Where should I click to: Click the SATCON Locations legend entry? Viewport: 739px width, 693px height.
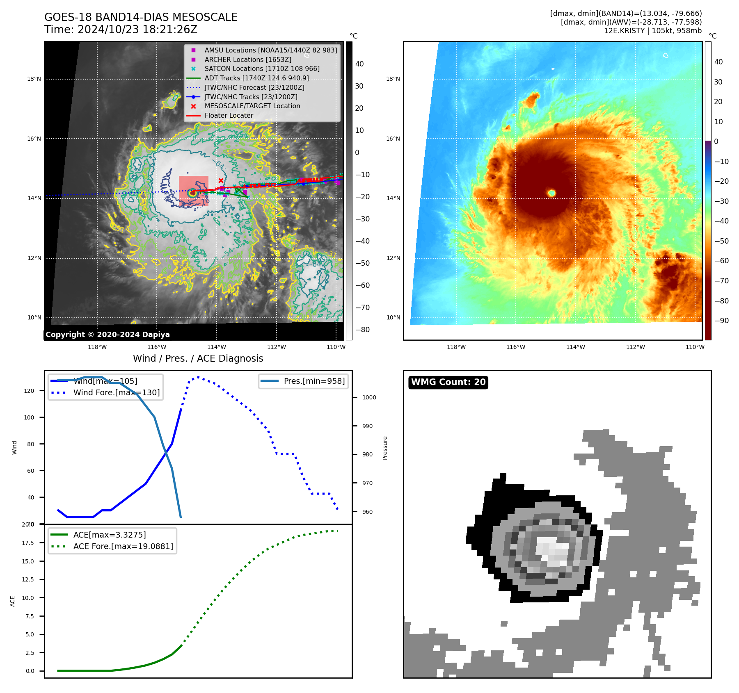[x=262, y=69]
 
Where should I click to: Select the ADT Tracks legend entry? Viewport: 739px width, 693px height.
[x=256, y=78]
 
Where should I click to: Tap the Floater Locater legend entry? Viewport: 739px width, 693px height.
[x=229, y=116]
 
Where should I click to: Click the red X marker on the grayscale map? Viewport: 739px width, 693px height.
[x=221, y=180]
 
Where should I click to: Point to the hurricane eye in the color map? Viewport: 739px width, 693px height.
[x=552, y=193]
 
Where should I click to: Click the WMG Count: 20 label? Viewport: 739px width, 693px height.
[x=448, y=382]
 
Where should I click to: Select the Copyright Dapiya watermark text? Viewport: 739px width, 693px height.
[x=108, y=335]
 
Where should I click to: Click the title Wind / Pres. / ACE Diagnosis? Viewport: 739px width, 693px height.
[x=198, y=358]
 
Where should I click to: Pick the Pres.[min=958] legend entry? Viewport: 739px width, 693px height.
[x=314, y=381]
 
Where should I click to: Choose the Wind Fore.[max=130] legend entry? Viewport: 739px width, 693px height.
[x=116, y=392]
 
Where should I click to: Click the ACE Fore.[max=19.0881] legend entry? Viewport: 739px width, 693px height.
[x=123, y=546]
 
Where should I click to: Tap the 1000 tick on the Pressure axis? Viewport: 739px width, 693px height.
[x=369, y=397]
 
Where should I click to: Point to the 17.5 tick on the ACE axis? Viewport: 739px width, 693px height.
[x=28, y=543]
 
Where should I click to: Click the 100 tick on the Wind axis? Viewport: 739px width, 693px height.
[x=29, y=417]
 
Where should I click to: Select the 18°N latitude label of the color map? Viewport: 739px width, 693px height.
[x=393, y=79]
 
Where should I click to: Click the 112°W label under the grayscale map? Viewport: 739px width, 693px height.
[x=276, y=347]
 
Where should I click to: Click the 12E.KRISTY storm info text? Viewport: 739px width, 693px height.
[x=652, y=31]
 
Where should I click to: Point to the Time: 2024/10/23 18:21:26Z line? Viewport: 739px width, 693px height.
[x=121, y=30]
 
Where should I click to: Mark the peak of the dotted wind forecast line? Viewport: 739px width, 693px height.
[x=198, y=377]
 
